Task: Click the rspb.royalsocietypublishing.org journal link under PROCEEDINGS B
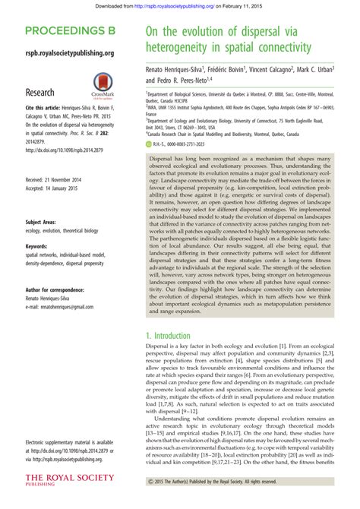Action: [x=69, y=53]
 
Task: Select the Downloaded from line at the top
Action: [x=179, y=5]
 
